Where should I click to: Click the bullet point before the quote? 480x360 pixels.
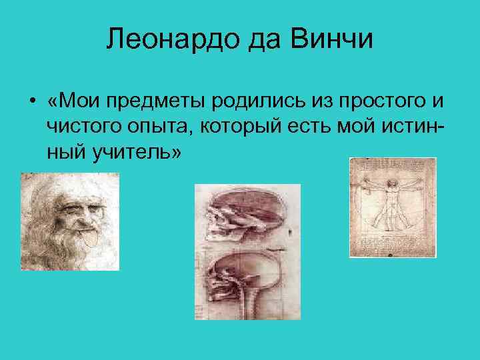[31, 102]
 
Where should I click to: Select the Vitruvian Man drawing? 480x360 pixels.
[393, 207]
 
